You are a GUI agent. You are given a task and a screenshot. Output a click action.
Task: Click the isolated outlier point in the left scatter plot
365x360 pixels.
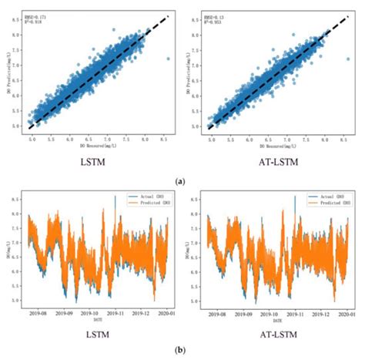pos(169,58)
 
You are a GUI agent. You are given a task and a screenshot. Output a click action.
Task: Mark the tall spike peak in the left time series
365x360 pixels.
pos(115,197)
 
